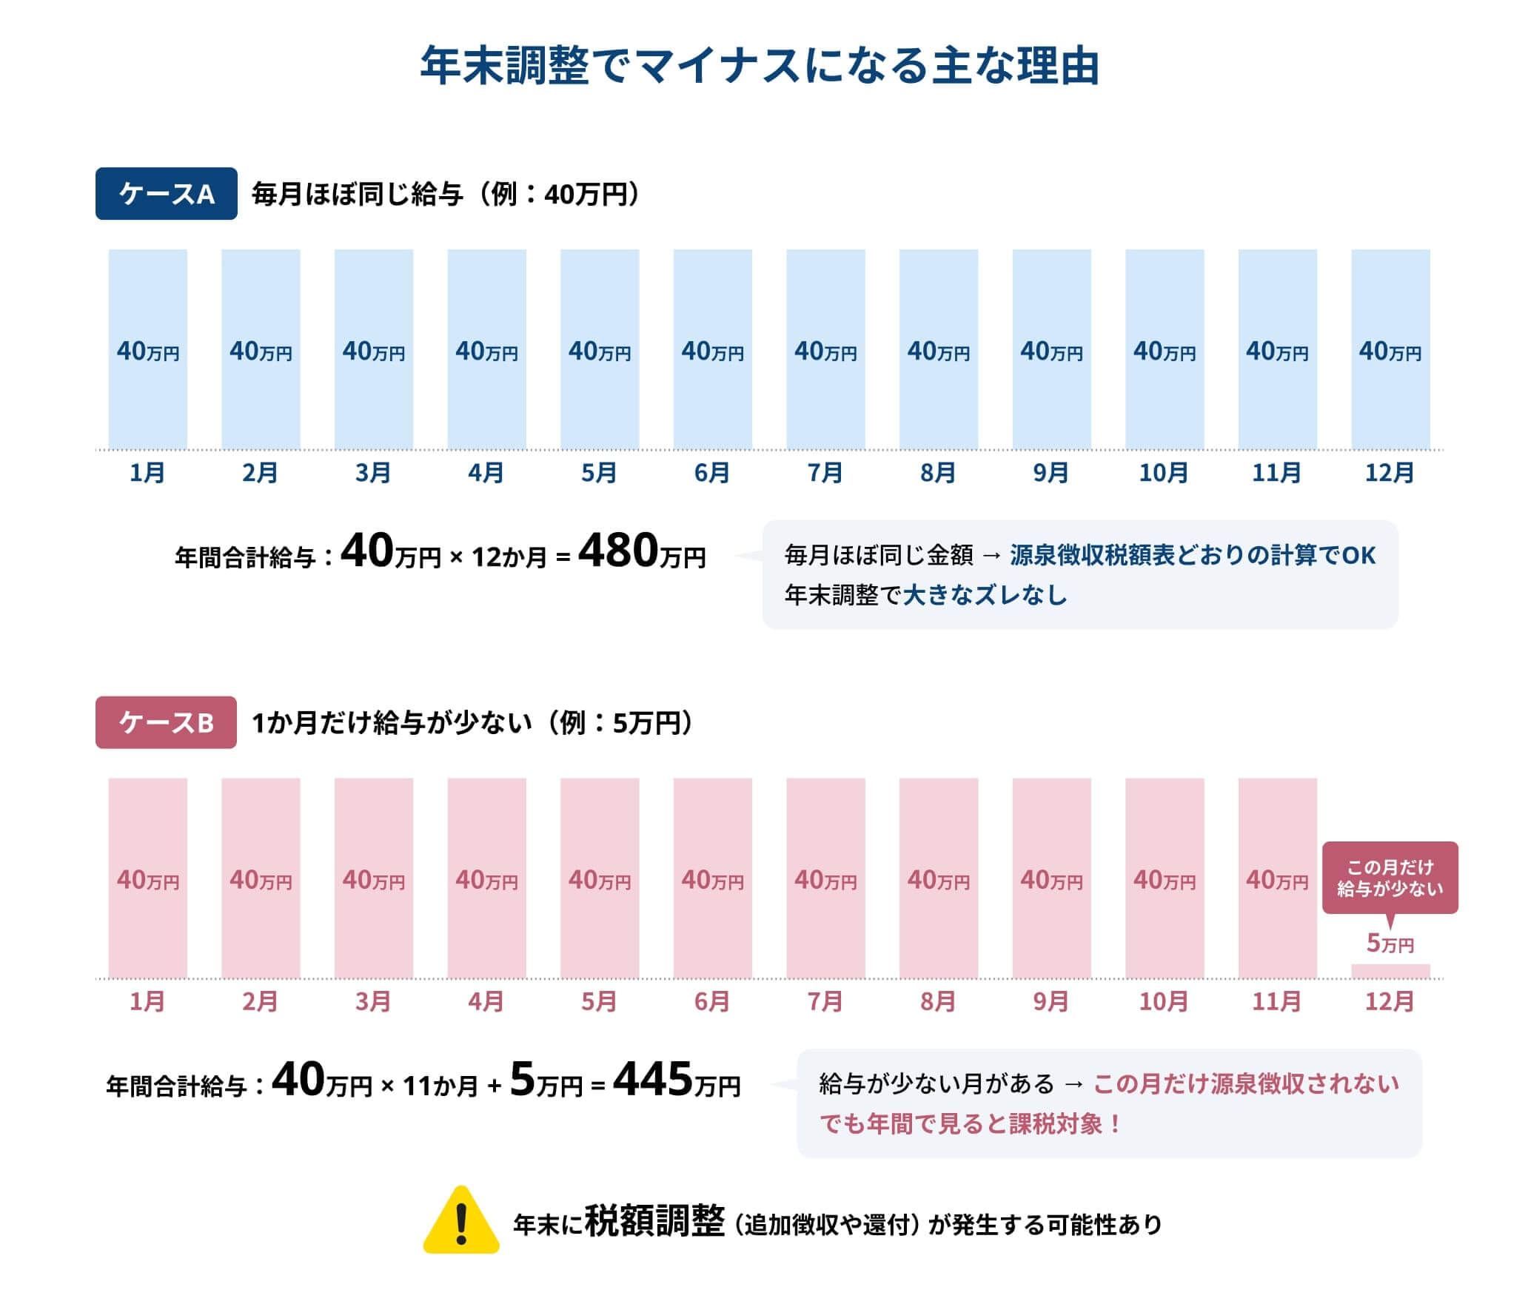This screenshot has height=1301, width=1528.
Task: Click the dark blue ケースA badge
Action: pyautogui.click(x=166, y=194)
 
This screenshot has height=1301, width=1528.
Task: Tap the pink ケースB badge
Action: pyautogui.click(x=166, y=722)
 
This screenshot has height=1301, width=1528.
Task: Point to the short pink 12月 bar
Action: pyautogui.click(x=1390, y=971)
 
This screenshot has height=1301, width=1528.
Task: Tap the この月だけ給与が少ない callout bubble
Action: pyautogui.click(x=1390, y=878)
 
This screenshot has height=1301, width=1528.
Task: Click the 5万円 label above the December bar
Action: pyautogui.click(x=1390, y=944)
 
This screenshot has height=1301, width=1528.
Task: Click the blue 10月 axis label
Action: pyautogui.click(x=1164, y=473)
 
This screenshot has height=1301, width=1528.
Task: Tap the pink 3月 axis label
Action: pyautogui.click(x=373, y=1002)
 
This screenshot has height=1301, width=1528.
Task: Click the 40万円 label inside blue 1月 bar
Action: pyautogui.click(x=148, y=352)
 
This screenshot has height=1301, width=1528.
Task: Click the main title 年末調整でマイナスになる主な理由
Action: pyautogui.click(x=760, y=67)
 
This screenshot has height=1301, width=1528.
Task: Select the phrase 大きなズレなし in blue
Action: pyautogui.click(x=985, y=595)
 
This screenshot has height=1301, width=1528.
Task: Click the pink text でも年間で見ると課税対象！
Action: pyautogui.click(x=970, y=1124)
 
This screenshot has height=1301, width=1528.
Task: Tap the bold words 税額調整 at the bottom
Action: pyautogui.click(x=654, y=1222)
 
